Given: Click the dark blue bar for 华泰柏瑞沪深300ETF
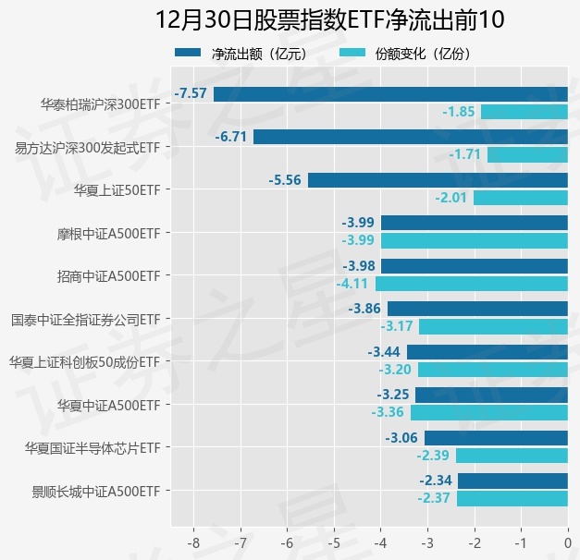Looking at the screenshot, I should pos(390,93).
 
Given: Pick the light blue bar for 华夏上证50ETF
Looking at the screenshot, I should pos(520,198).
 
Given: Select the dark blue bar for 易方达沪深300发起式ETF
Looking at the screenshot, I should pos(410,137).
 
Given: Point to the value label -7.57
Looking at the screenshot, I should pos(191,93).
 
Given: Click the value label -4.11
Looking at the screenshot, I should pos(352,284).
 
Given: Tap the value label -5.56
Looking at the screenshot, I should pos(285,180).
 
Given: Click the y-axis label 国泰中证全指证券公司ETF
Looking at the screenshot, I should pos(85,319).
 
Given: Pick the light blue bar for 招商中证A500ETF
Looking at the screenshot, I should pos(471,284).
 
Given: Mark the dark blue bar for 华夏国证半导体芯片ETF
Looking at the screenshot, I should pos(496,438).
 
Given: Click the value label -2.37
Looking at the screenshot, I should pos(434,499).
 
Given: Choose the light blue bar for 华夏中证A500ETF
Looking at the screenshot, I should pos(488,412).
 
